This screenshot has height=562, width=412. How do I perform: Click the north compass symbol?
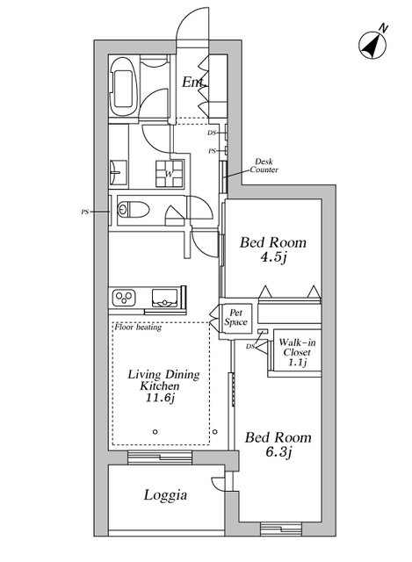372,46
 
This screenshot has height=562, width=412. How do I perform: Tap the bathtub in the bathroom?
123,87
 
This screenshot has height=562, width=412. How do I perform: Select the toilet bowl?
134,210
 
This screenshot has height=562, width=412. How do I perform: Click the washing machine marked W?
170,174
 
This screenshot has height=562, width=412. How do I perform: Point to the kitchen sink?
164,298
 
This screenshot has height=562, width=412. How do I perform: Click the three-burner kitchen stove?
124,298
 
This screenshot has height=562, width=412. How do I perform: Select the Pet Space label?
236,317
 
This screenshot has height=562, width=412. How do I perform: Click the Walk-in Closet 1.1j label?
297,352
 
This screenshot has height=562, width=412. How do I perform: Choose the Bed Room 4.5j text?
273,249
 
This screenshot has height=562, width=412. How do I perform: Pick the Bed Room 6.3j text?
278,444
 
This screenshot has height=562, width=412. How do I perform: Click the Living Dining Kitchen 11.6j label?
163,386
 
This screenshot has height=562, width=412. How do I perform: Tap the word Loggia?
165,495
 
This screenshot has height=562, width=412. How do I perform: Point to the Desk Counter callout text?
264,166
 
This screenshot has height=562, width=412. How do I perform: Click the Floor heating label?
138,327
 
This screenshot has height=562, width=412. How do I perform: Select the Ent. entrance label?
194,82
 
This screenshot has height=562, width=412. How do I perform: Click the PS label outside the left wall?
84,212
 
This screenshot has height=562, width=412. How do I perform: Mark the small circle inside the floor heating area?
155,432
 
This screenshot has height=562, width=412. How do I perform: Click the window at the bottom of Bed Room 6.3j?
281,530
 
